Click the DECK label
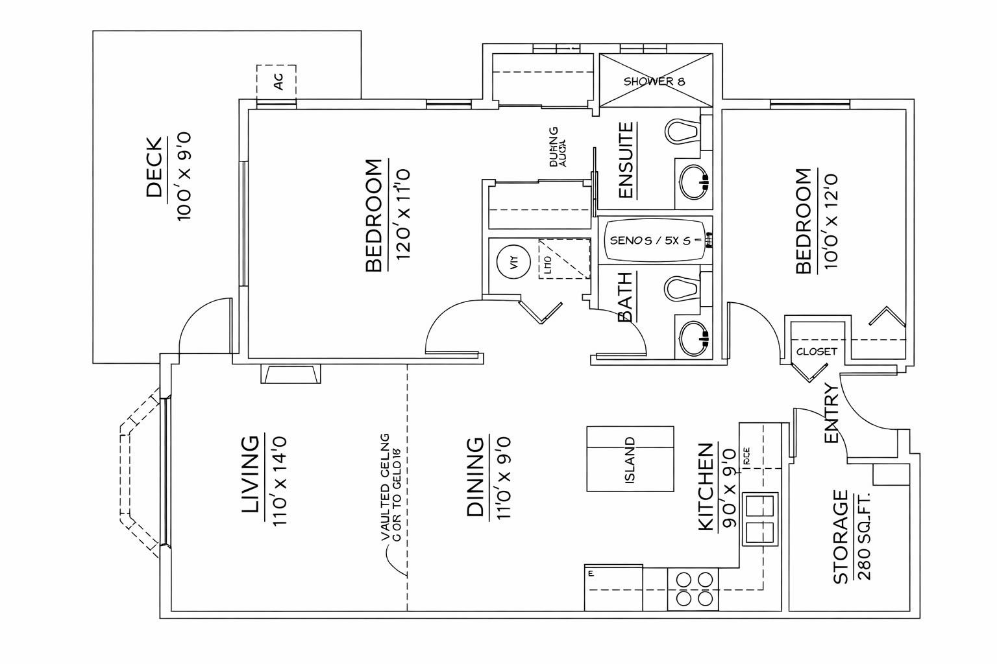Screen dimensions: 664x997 154,167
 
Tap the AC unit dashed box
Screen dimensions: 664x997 277,82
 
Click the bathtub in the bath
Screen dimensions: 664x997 656,240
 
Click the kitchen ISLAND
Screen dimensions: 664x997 630,458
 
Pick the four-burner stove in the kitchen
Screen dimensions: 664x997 693,589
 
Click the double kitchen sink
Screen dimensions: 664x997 761,519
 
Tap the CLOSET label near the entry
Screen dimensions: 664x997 816,351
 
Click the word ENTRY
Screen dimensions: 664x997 831,413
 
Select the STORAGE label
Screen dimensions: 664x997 841,537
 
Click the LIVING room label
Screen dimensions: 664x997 250,475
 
